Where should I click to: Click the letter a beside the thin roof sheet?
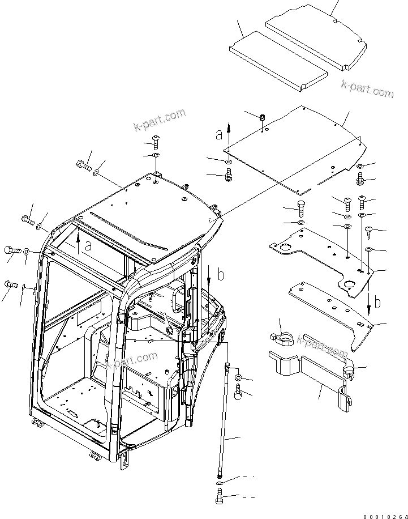(219, 134)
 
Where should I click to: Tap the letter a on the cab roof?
(88, 245)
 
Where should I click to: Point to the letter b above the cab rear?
(221, 275)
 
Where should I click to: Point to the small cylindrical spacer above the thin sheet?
(263, 118)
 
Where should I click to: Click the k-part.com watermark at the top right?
(367, 89)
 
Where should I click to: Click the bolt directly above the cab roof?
(156, 141)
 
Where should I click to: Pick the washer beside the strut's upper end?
(239, 377)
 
